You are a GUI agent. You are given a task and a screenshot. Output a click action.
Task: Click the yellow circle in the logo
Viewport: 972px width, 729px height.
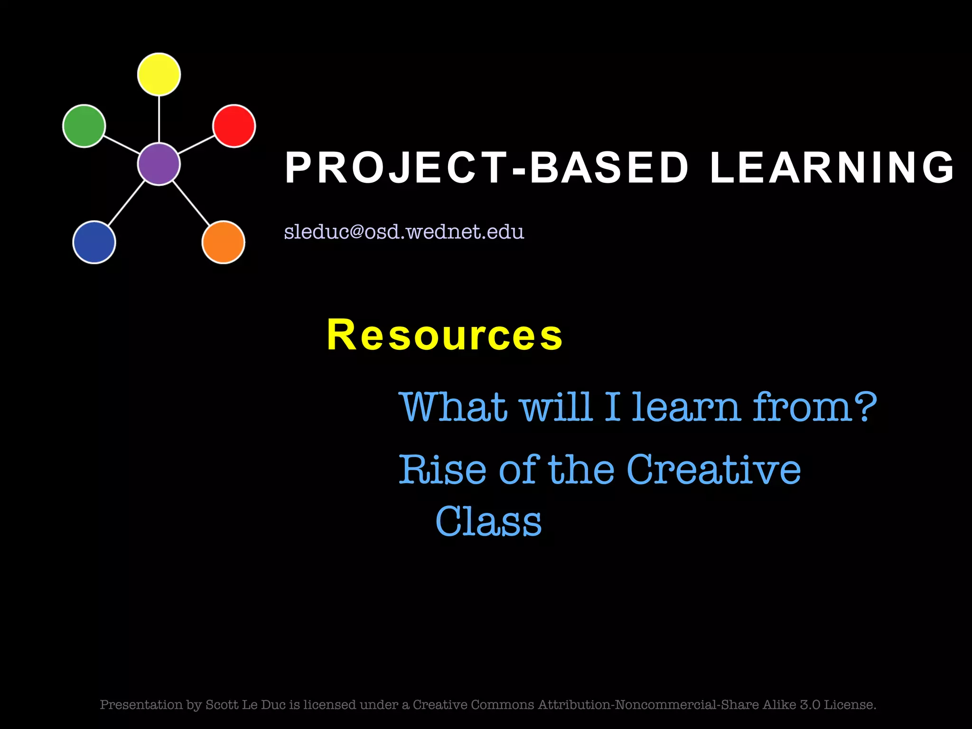pos(159,75)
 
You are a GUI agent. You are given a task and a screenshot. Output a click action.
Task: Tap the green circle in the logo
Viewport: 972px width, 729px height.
pos(84,126)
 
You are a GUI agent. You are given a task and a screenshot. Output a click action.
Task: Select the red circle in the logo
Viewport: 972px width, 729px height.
pos(234,126)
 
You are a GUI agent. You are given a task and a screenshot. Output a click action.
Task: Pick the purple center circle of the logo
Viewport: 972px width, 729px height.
pos(159,164)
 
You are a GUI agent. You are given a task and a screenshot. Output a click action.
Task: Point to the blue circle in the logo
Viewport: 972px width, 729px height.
pos(94,242)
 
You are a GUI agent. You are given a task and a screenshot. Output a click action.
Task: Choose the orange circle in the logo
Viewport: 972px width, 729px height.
pos(223,242)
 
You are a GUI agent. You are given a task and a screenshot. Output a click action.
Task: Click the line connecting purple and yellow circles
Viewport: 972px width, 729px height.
pos(159,119)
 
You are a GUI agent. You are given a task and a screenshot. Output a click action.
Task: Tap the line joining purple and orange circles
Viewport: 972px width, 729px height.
pos(191,203)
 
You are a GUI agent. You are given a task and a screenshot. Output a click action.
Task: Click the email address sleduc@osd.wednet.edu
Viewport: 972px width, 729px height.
pos(404,232)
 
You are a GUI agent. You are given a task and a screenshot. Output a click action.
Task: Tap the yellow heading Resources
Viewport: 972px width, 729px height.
pos(445,335)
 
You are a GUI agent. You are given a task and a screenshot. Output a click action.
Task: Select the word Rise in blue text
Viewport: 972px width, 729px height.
pos(442,470)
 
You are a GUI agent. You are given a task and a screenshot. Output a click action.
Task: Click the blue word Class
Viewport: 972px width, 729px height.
pos(488,521)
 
